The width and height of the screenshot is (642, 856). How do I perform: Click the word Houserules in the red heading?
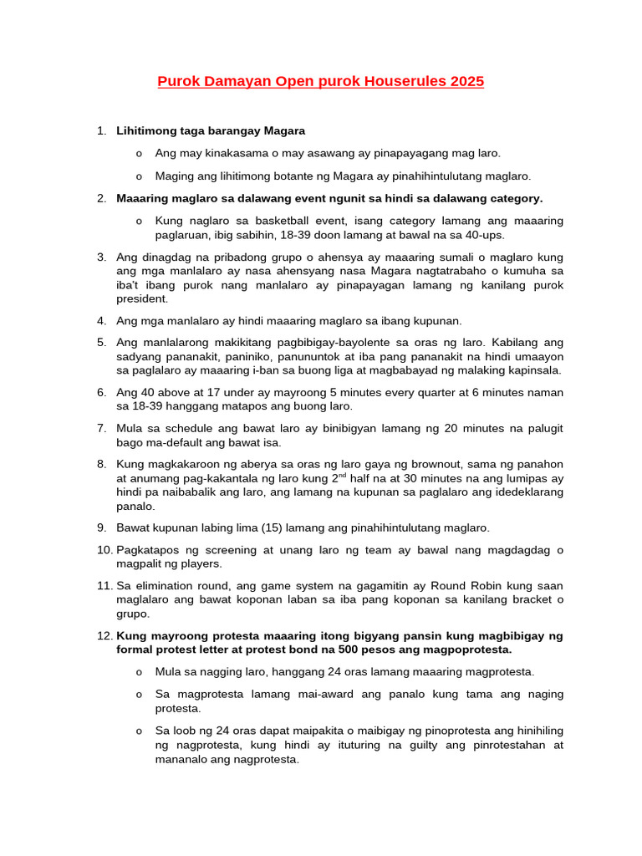[405, 82]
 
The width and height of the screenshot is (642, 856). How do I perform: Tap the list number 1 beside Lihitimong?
[101, 131]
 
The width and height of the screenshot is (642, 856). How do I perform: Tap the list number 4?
[101, 321]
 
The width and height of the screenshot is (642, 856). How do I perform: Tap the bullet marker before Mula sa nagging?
[138, 672]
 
